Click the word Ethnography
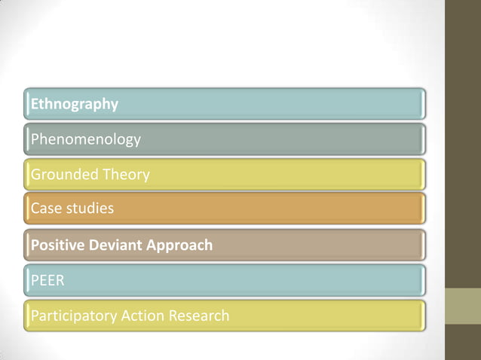coord(74,105)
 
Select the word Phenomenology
coord(85,139)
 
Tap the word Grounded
coord(63,175)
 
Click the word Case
coord(44,208)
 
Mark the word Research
coord(199,316)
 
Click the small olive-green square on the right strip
coord(462,307)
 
